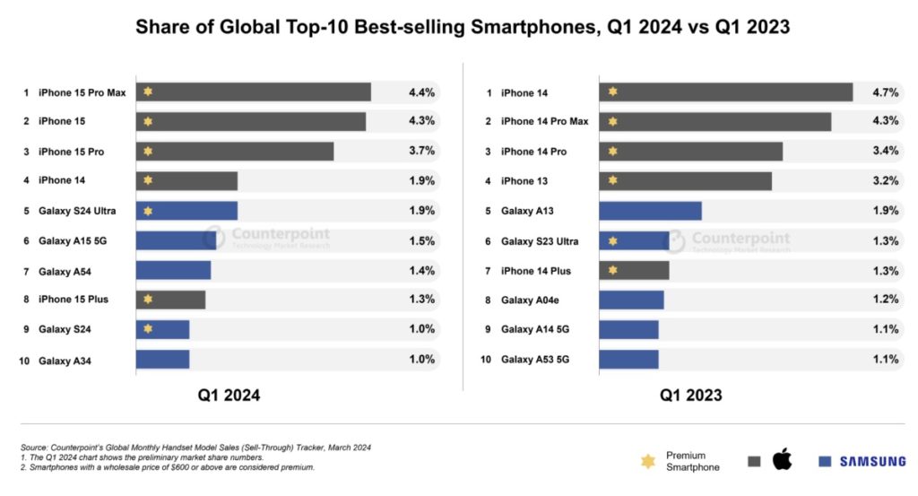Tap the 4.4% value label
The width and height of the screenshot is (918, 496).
[421, 92]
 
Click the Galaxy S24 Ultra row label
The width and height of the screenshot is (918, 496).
[78, 211]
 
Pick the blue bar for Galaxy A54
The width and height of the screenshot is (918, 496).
[173, 270]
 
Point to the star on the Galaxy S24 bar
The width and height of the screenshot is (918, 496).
[148, 329]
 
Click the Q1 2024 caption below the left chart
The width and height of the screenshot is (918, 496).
[229, 395]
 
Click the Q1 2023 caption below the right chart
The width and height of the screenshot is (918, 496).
[691, 395]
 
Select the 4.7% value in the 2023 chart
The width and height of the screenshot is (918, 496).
[885, 92]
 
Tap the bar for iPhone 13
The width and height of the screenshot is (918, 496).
[685, 181]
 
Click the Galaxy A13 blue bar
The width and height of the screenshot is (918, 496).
[650, 211]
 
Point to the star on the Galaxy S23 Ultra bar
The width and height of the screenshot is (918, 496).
[612, 240]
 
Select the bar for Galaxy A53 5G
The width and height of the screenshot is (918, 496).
[628, 360]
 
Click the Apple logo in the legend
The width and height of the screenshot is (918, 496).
[782, 461]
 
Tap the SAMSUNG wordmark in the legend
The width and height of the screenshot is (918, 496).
[872, 461]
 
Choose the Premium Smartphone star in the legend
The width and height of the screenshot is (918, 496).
[647, 461]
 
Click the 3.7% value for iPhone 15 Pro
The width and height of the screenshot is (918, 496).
[421, 152]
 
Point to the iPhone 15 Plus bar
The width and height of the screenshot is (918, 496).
[170, 300]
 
